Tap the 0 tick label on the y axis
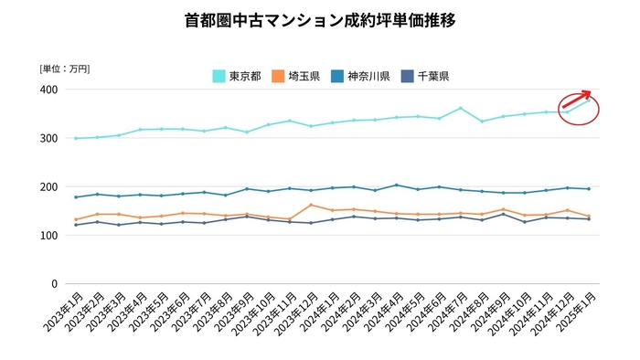(55, 283)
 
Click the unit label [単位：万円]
(65, 69)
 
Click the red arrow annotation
(576, 101)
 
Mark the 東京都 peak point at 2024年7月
(460, 108)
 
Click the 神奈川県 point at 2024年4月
(396, 185)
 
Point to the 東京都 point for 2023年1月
(75, 138)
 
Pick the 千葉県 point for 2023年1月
(75, 225)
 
